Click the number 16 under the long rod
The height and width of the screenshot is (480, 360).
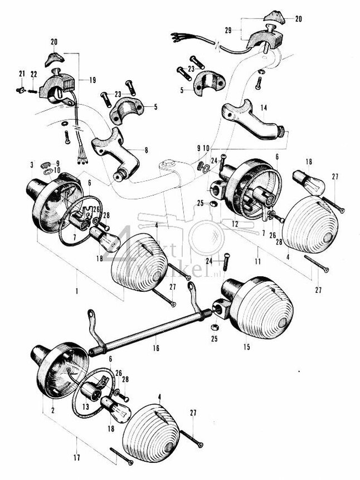pyautogui.click(x=155, y=348)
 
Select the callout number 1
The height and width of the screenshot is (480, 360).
pyautogui.click(x=76, y=291)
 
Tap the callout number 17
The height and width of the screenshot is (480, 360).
pyautogui.click(x=76, y=458)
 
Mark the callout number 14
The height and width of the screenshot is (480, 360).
pyautogui.click(x=264, y=107)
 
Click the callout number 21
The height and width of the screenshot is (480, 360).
pyautogui.click(x=22, y=74)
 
